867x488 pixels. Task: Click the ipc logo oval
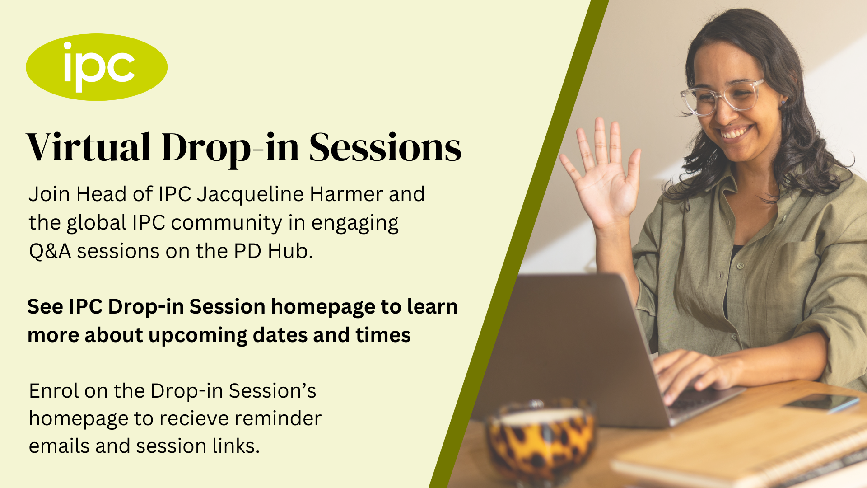pos(97,67)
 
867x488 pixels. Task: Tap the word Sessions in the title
pos(385,148)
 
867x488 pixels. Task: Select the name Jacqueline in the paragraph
pos(250,195)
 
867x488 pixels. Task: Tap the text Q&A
pos(50,251)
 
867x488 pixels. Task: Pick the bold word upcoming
pos(198,336)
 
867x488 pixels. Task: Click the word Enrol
pos(54,391)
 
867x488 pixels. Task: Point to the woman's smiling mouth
pos(735,132)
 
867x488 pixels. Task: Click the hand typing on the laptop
pos(691,371)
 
